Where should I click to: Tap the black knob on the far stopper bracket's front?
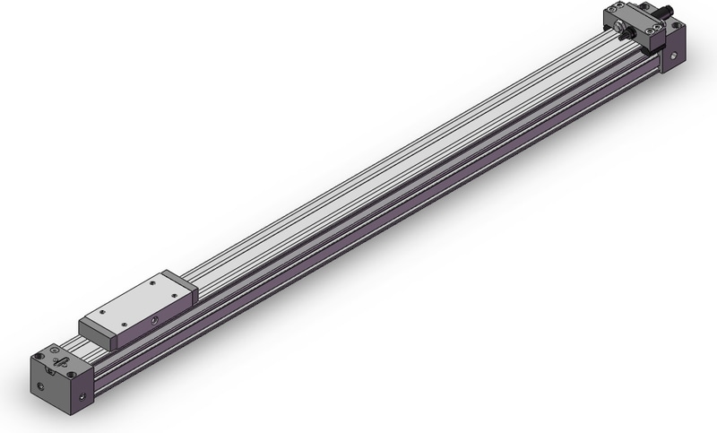tap(628, 34)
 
